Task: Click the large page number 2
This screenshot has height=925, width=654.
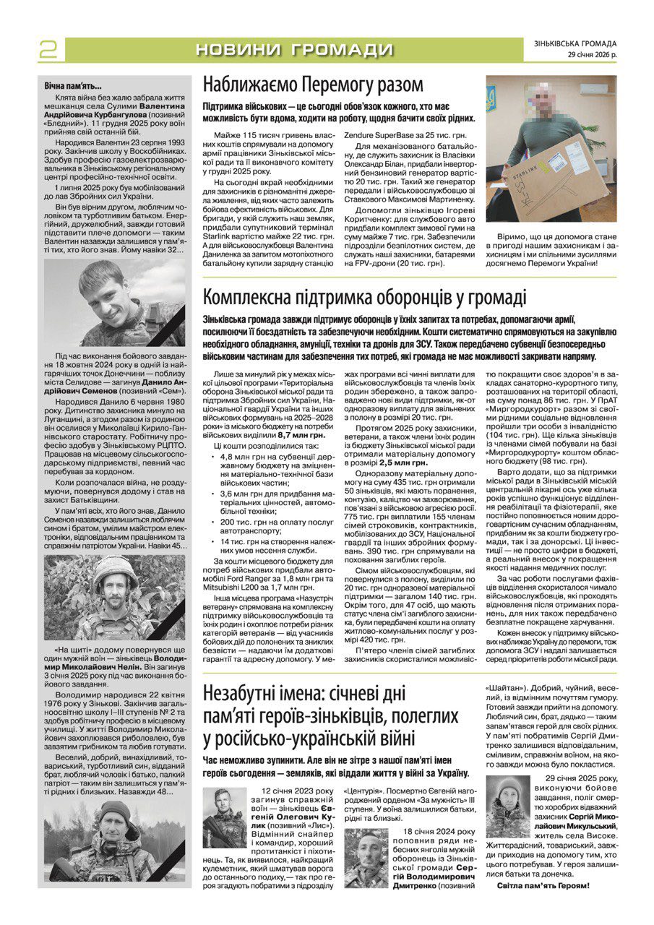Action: pyautogui.click(x=48, y=48)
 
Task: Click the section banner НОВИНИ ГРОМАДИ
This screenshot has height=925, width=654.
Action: pyautogui.click(x=294, y=50)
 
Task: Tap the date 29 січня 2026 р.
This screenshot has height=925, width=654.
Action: pyautogui.click(x=592, y=55)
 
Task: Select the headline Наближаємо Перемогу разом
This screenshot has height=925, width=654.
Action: pyautogui.click(x=313, y=85)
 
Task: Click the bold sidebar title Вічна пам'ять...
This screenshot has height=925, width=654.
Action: pyautogui.click(x=73, y=87)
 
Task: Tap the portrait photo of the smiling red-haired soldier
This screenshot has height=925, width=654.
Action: pyautogui.click(x=114, y=303)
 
